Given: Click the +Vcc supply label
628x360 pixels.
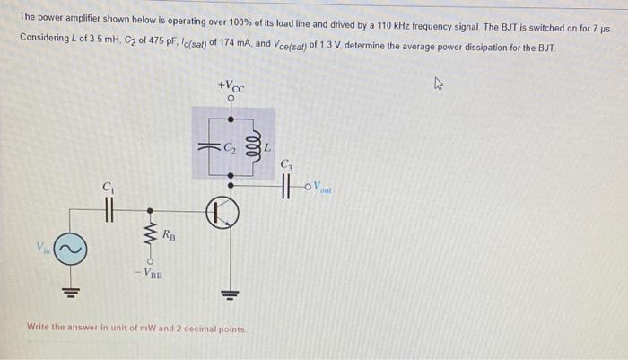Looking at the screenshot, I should [231, 87].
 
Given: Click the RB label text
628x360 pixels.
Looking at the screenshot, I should [170, 236].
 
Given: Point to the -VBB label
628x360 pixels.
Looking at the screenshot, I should [150, 272].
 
